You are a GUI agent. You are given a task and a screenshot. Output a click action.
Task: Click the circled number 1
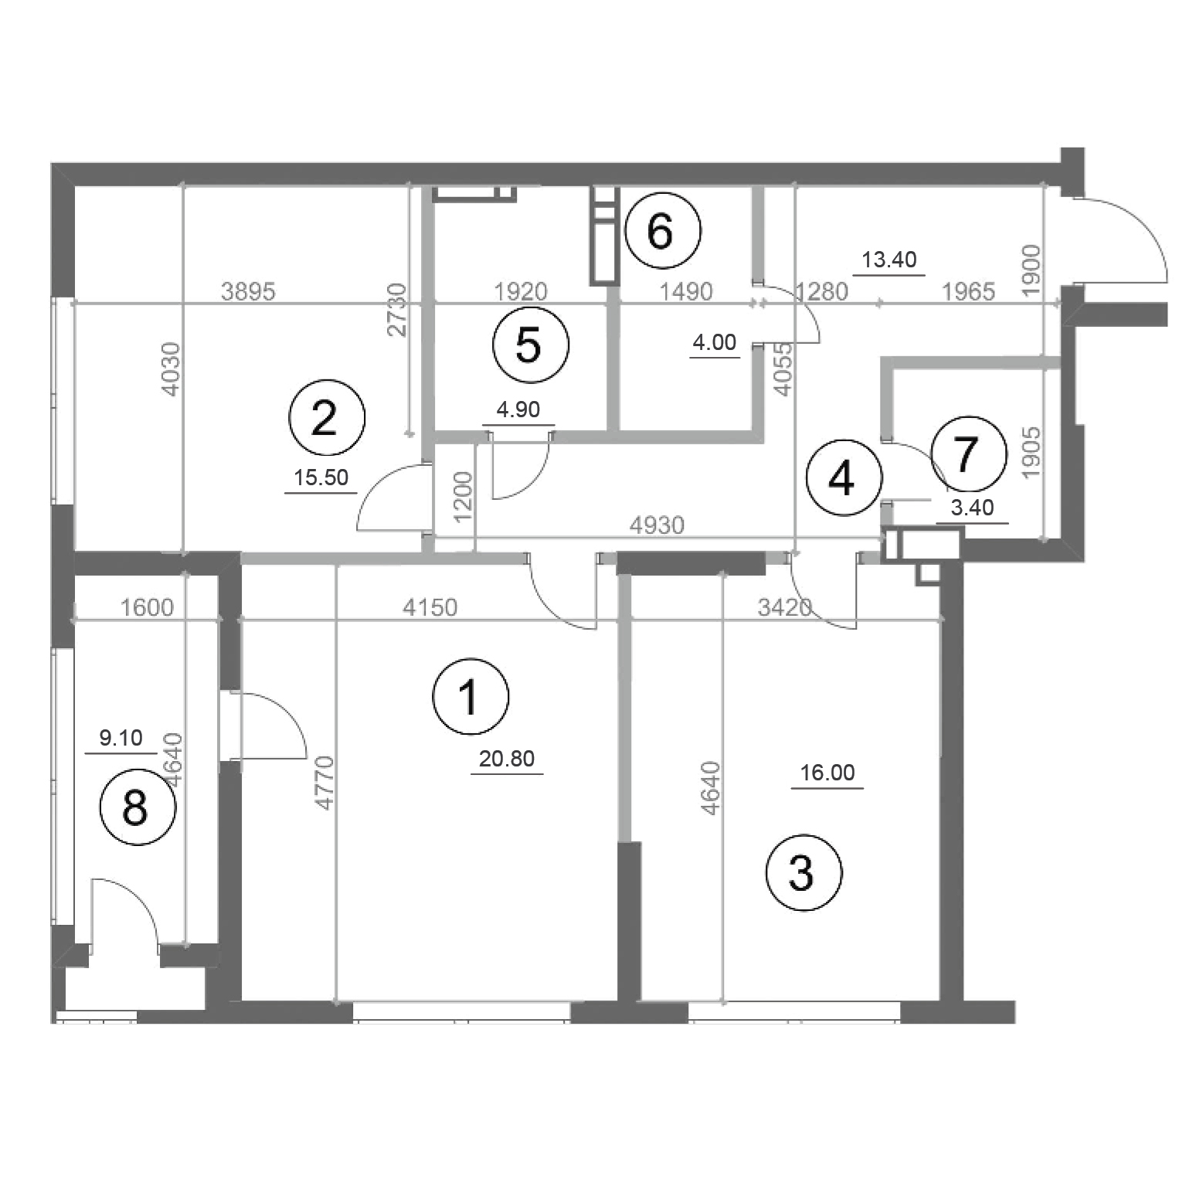[x=471, y=696]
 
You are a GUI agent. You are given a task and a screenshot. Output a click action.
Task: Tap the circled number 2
[x=326, y=418]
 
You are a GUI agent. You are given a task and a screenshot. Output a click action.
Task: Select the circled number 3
[x=804, y=873]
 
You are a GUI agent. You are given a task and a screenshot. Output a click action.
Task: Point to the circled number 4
[x=844, y=478]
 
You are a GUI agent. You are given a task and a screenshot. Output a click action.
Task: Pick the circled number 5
[x=530, y=344]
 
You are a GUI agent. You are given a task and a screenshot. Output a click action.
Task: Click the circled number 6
[x=662, y=230]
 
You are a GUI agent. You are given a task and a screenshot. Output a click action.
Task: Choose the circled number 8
[x=138, y=808]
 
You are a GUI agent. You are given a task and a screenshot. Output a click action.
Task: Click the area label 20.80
[x=507, y=759]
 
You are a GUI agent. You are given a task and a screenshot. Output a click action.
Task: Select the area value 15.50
[x=321, y=477]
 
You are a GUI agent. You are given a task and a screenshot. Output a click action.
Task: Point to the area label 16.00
[x=827, y=773]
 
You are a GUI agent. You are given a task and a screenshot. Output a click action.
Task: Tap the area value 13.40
[x=889, y=260]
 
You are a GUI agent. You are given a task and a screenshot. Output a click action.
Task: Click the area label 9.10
[x=121, y=738]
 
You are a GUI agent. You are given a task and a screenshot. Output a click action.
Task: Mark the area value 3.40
[x=972, y=508]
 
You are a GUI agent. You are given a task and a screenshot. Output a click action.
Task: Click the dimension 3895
[x=248, y=291]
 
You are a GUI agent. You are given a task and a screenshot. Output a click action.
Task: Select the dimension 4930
[x=657, y=525]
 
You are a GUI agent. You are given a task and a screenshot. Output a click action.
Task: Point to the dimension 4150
[x=430, y=607]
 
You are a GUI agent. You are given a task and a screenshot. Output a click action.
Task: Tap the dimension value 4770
[x=325, y=782]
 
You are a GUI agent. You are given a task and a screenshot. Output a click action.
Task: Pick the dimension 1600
[x=148, y=607]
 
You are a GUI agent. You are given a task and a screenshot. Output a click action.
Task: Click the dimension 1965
[x=969, y=291]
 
